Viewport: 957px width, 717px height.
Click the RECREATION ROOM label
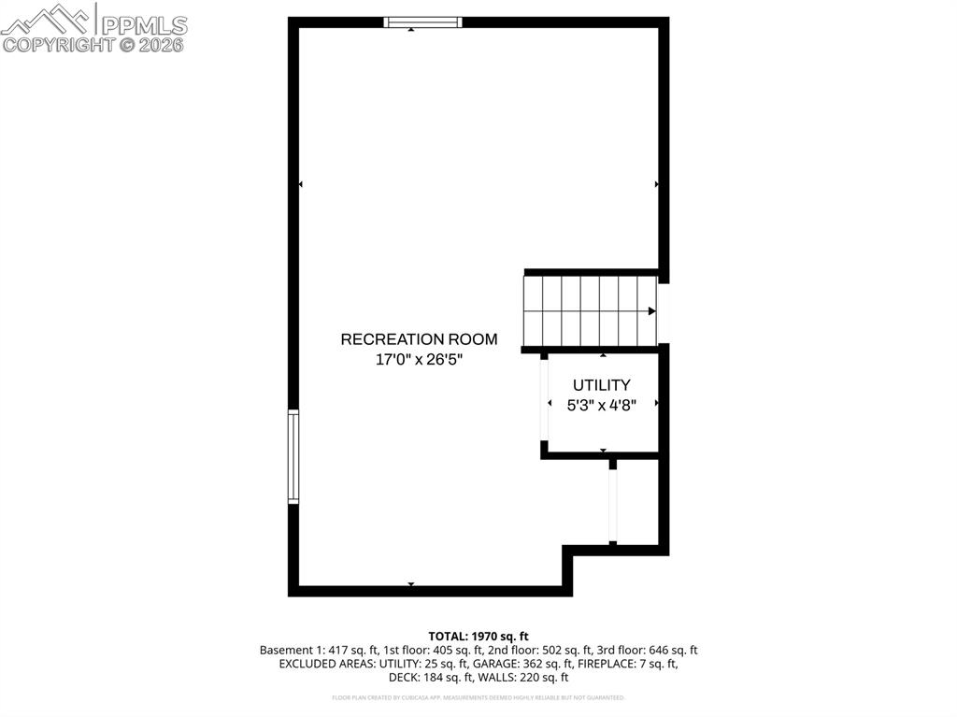419,339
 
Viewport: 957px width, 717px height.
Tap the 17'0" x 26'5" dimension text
419,359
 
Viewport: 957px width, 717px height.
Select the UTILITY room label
602,384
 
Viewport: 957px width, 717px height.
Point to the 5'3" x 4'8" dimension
602,405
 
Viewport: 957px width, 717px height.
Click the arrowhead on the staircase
651,310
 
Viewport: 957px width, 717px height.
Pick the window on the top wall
423,22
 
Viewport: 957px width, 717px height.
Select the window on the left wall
293,457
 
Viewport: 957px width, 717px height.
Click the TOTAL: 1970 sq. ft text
478,636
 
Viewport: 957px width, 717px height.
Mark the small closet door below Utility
613,504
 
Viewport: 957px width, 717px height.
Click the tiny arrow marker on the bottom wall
411,584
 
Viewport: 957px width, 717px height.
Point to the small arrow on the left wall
300,185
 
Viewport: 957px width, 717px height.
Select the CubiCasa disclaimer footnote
478,697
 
